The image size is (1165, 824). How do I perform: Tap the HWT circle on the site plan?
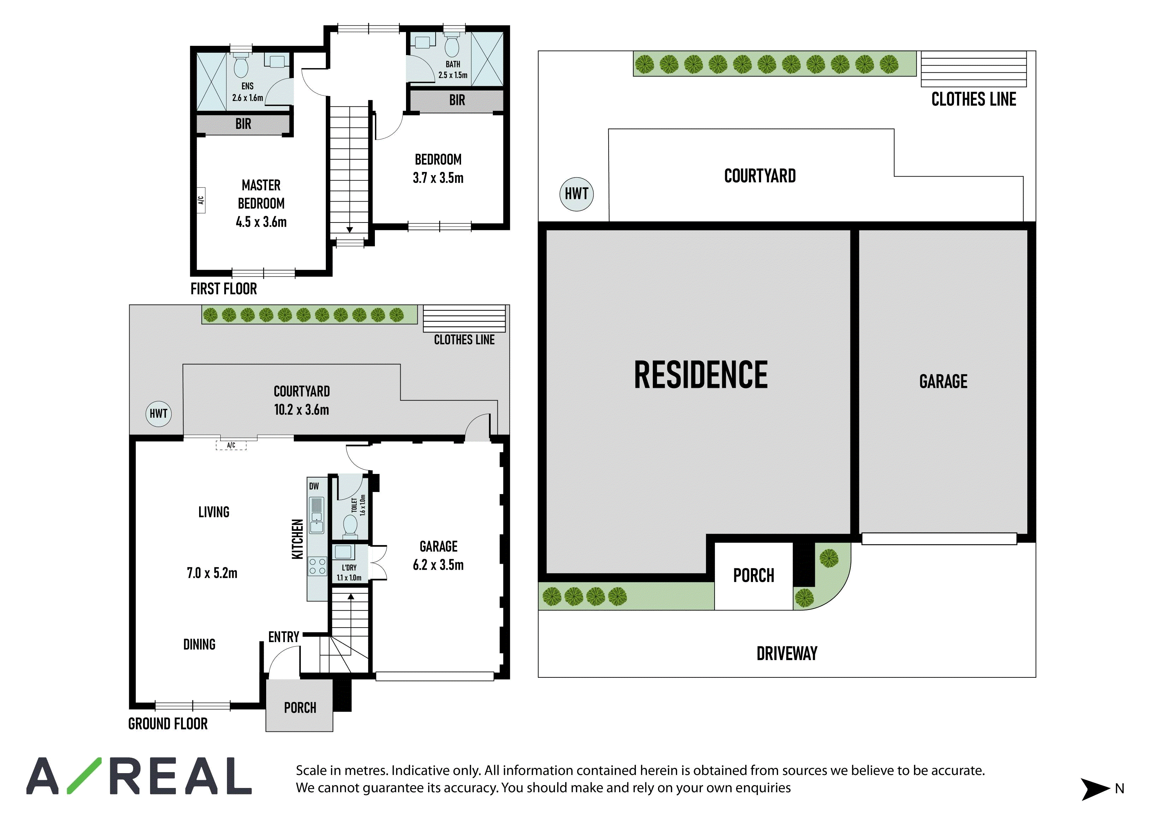[x=576, y=194]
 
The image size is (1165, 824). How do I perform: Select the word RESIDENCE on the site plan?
[x=701, y=375]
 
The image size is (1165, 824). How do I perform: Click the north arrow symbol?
[x=1095, y=788]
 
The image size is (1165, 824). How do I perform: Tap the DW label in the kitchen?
[x=314, y=486]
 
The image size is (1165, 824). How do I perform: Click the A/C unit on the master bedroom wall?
[x=201, y=200]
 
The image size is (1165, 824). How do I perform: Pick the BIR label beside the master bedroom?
[x=243, y=124]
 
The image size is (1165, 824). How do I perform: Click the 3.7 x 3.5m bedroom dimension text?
[x=438, y=178]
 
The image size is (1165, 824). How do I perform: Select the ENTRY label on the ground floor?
[x=283, y=637]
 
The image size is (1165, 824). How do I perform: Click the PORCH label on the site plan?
[x=753, y=576]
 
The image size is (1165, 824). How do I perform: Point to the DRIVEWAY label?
[x=787, y=653]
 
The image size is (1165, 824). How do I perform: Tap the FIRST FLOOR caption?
[x=224, y=289]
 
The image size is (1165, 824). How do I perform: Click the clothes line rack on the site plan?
[x=974, y=69]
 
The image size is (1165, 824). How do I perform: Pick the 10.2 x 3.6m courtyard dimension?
[x=301, y=410]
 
